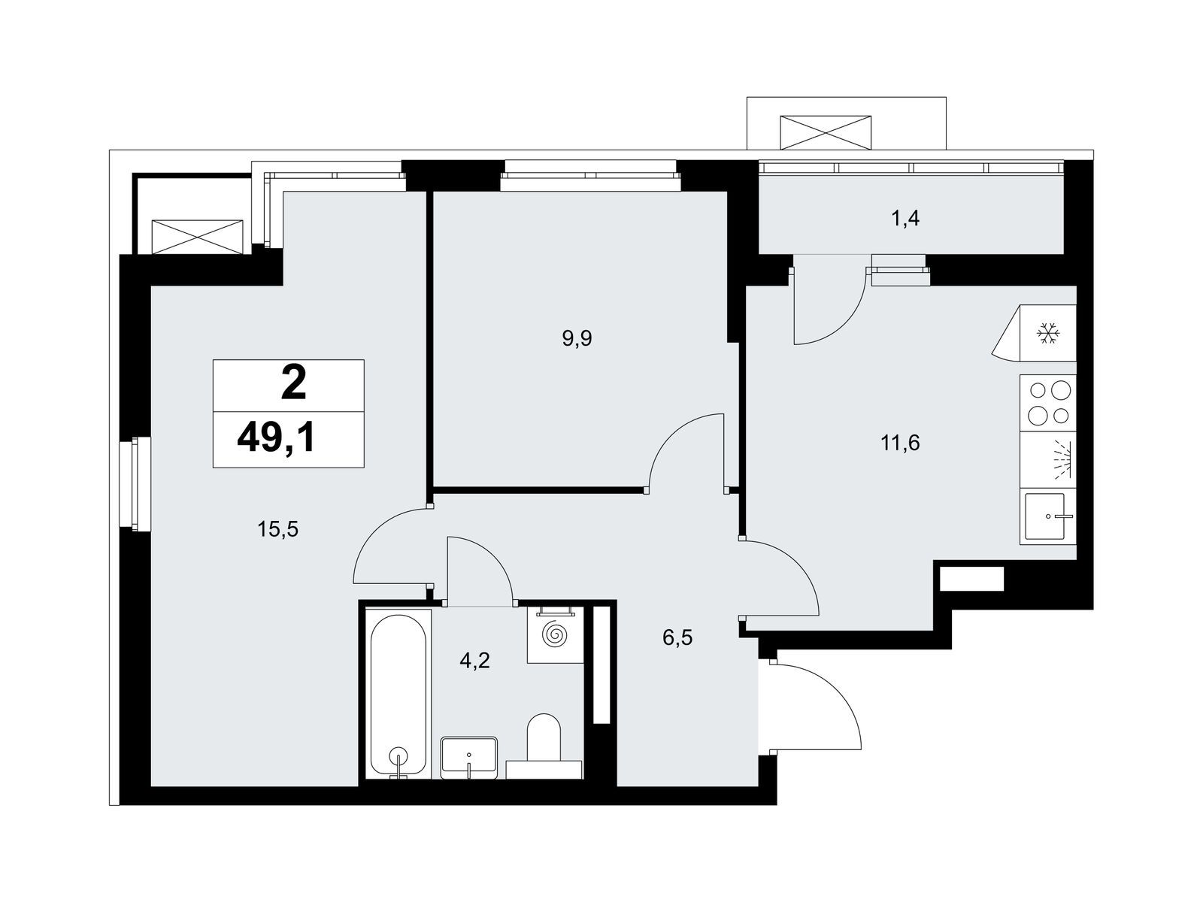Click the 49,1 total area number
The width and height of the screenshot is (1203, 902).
point(276,439)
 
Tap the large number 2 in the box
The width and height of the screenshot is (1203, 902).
point(293,384)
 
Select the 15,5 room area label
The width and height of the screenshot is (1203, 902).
point(278,530)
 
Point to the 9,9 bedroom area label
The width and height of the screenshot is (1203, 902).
point(577,339)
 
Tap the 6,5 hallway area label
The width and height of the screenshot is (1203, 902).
point(678,637)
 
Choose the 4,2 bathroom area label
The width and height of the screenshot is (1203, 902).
point(474,661)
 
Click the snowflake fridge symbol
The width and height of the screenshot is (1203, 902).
point(1048,334)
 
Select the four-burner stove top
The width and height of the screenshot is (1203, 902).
point(1048,403)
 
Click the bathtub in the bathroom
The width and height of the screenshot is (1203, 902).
point(398,695)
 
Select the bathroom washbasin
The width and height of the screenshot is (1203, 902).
point(468,758)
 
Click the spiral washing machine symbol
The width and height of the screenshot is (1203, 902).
point(555,634)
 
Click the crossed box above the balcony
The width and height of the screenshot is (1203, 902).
point(826,132)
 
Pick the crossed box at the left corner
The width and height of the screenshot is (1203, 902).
point(197,237)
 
